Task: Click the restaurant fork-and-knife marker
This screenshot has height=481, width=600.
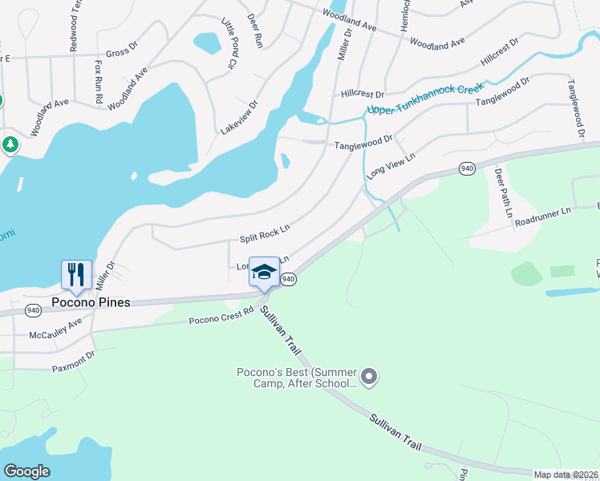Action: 77,274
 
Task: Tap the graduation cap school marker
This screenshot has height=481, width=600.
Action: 264,271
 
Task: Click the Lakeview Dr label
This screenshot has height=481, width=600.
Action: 240,118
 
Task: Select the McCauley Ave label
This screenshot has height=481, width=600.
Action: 55,328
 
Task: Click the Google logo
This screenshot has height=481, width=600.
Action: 26,471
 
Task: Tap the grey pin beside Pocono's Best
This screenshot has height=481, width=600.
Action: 369,376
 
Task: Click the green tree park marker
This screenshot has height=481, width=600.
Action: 10,145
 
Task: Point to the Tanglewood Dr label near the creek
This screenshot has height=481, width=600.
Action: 363,142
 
